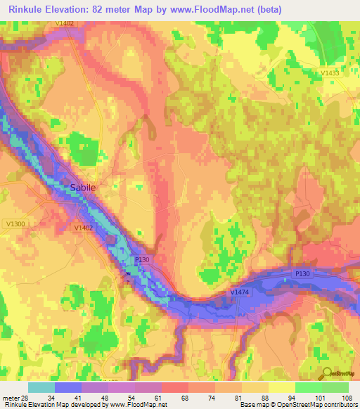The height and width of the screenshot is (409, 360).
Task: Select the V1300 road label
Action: tap(14, 224)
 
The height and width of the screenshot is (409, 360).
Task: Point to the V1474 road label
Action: tap(240, 292)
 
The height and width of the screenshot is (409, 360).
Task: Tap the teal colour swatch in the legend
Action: tap(41, 387)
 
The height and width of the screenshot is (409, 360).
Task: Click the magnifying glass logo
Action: tap(325, 375)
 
